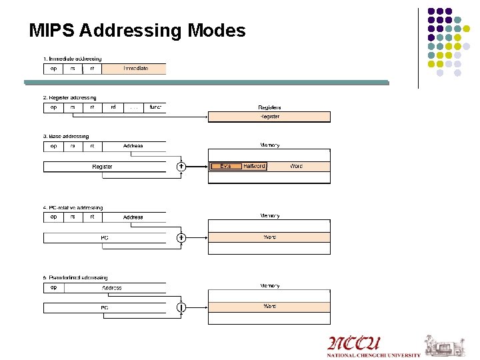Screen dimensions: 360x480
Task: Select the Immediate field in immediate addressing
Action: (x=135, y=69)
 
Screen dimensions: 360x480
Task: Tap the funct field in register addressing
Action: (x=155, y=107)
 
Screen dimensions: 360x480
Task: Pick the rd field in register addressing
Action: (x=113, y=107)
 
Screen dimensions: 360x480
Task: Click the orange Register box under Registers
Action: (x=269, y=117)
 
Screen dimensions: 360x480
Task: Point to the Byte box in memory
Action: (x=225, y=166)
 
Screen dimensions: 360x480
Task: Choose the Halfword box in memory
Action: (x=254, y=166)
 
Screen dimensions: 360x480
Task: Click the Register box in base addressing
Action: (x=103, y=167)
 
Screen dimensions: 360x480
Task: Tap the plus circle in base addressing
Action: (x=181, y=167)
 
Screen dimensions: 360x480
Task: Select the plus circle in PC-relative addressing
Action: (x=181, y=237)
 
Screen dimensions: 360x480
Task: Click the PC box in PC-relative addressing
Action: (x=105, y=237)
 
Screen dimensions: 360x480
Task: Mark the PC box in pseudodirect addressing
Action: (x=105, y=308)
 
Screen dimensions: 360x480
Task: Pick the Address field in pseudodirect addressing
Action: (x=112, y=288)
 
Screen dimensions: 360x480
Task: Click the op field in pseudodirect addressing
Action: (x=53, y=288)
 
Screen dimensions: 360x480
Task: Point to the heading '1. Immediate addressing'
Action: (x=73, y=59)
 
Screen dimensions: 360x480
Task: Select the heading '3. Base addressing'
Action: (x=66, y=137)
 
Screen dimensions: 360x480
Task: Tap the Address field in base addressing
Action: (x=133, y=146)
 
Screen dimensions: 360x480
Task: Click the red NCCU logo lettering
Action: (x=353, y=344)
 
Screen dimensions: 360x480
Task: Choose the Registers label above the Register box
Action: (x=269, y=107)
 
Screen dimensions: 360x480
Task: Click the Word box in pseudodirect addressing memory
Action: (x=269, y=307)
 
